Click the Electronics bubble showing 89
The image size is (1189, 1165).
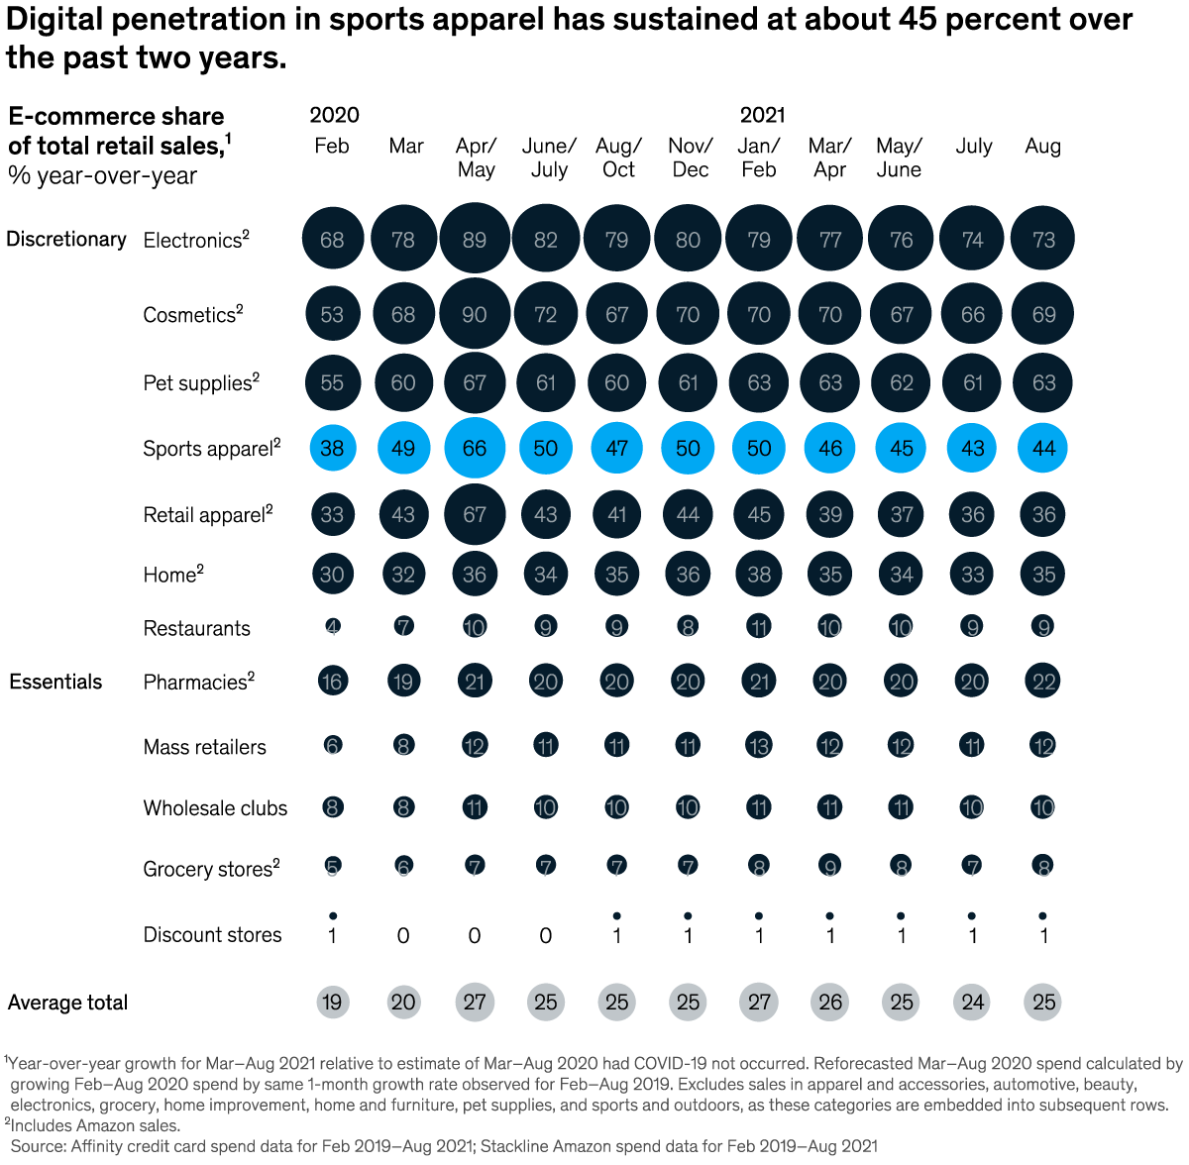(475, 239)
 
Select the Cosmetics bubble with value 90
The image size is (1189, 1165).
(475, 314)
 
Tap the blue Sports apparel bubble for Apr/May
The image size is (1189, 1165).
(475, 448)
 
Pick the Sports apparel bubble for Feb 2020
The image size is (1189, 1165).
(332, 448)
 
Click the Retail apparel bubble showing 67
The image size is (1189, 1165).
(475, 514)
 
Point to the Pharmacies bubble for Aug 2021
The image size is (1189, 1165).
(1043, 681)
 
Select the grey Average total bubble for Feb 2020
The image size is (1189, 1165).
(332, 1002)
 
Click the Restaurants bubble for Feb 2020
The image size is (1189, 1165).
(332, 626)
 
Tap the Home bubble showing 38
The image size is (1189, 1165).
(759, 574)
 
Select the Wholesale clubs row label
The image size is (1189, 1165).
(215, 807)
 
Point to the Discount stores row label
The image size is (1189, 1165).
(212, 934)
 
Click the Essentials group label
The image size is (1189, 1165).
(55, 682)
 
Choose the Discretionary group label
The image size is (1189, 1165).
(66, 239)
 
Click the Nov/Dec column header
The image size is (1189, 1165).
(690, 158)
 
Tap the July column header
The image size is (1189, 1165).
(973, 146)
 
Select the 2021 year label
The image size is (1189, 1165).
(762, 115)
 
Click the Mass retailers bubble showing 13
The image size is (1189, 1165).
(759, 745)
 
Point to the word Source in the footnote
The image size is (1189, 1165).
(38, 1146)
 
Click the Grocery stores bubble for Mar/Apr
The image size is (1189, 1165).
(830, 867)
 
